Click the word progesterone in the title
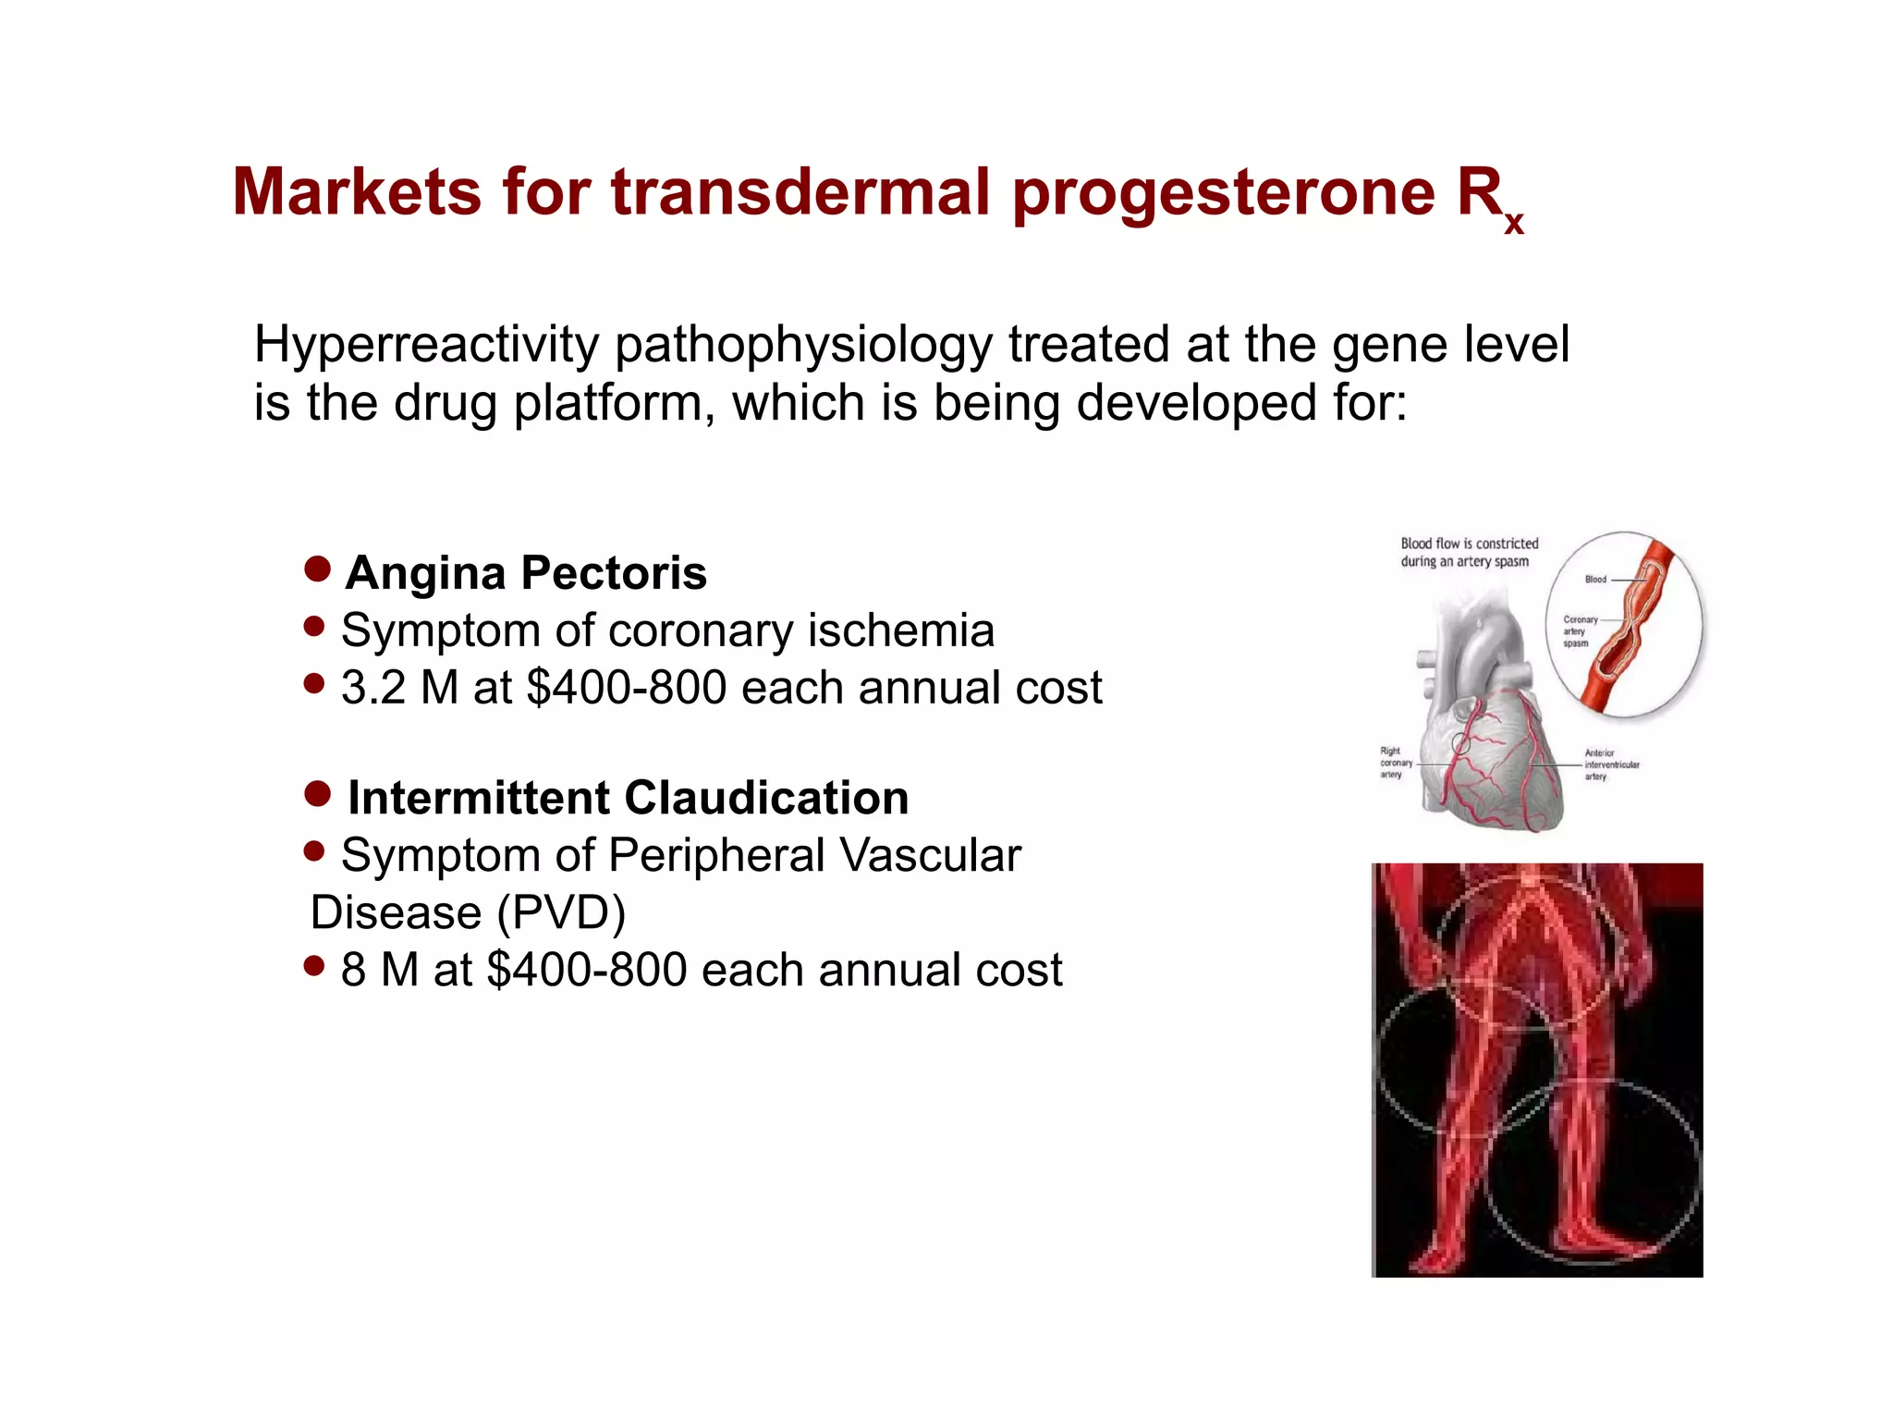pyautogui.click(x=1224, y=194)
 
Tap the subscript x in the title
pyautogui.click(x=1513, y=223)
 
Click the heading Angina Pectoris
pyautogui.click(x=526, y=572)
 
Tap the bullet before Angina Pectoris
pyautogui.click(x=317, y=569)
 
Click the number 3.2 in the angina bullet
pyautogui.click(x=372, y=688)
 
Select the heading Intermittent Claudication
pyautogui.click(x=628, y=798)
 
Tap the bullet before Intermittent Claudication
pyautogui.click(x=317, y=793)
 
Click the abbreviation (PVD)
pyautogui.click(x=561, y=913)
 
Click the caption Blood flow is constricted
pyautogui.click(x=1469, y=544)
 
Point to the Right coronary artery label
pyautogui.click(x=1395, y=763)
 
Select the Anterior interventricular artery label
pyautogui.click(x=1611, y=765)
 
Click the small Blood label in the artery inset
pyautogui.click(x=1595, y=580)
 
